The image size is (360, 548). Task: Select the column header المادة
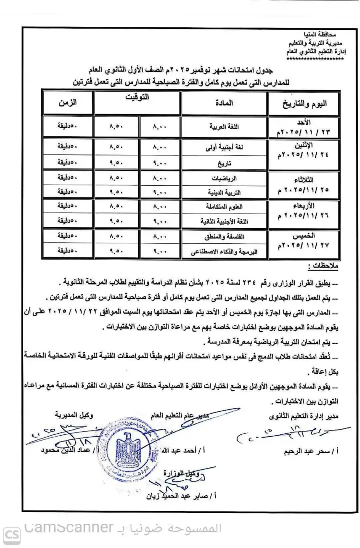coord(223,102)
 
